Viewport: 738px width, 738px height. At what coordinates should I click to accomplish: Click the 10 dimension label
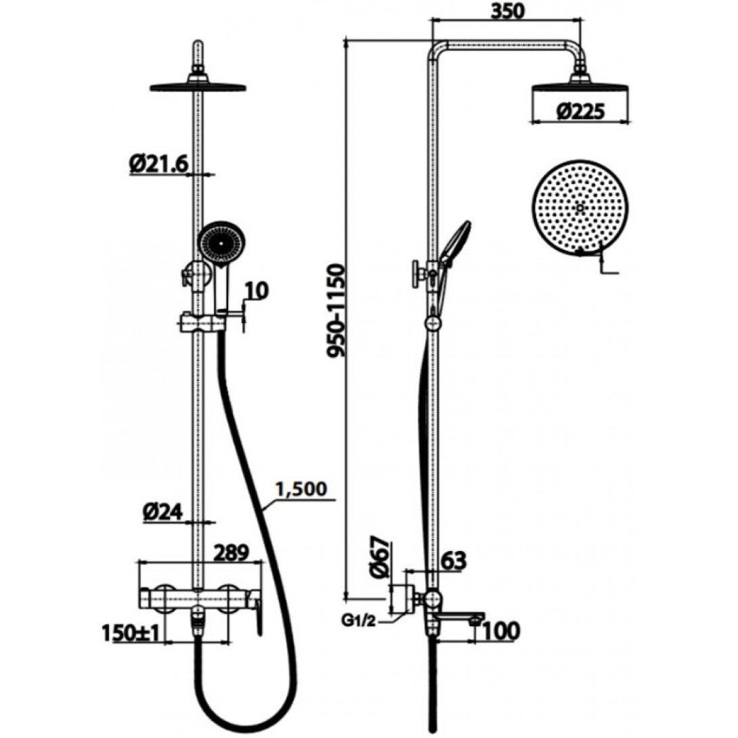coord(257,290)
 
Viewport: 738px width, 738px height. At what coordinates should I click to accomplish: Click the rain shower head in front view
coord(197,87)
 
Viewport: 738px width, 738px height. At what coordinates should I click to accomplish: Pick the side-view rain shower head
coord(580,87)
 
